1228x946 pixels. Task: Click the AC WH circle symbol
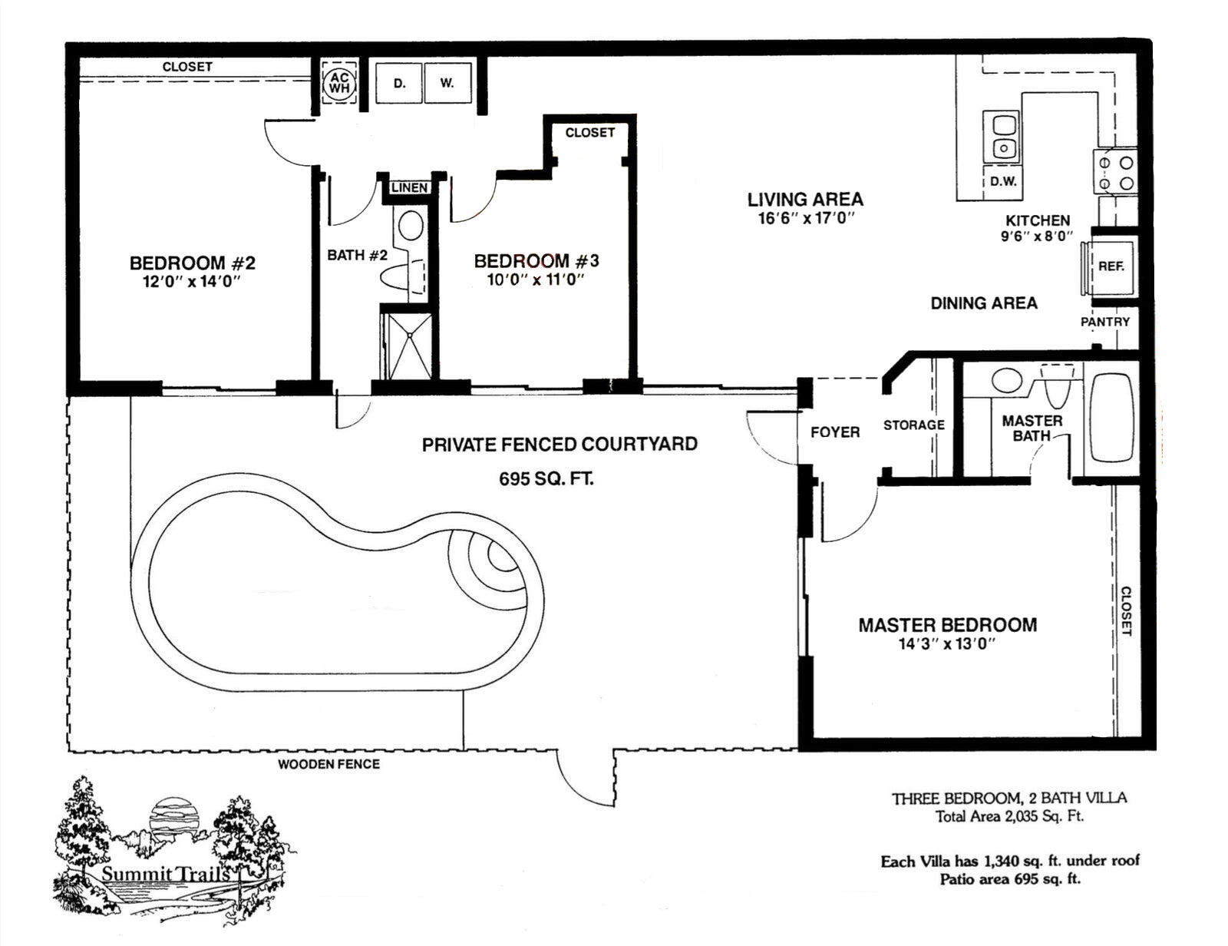[340, 83]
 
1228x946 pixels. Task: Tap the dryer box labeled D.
[399, 83]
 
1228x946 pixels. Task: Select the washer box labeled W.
[447, 83]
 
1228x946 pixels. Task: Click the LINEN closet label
[410, 187]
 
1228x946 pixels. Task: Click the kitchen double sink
[1001, 135]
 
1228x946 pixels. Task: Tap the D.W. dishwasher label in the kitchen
[1003, 181]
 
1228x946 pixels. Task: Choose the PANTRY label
[1104, 322]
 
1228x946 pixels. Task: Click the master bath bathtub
[1111, 418]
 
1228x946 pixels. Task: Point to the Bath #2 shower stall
[408, 346]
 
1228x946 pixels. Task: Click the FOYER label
[835, 432]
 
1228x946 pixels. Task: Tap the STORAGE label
[914, 425]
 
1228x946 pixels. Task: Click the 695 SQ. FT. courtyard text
[546, 479]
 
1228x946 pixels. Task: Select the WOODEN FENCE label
[329, 764]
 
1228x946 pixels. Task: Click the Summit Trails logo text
[166, 874]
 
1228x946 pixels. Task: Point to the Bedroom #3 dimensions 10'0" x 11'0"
[535, 279]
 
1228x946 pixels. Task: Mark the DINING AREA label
[984, 303]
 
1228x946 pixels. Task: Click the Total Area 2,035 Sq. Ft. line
[1010, 816]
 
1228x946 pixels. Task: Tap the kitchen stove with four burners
[1115, 172]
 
